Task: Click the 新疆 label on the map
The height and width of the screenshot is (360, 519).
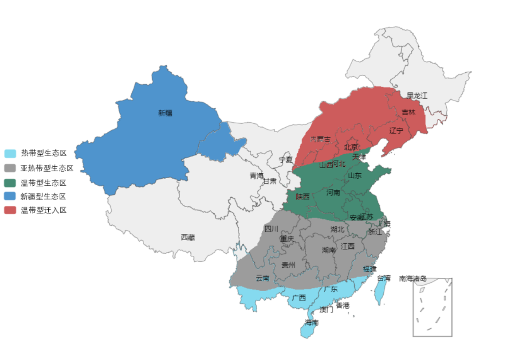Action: tap(165, 113)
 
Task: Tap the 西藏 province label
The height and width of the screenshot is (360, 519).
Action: tap(188, 237)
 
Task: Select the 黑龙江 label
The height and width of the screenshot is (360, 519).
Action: tap(417, 95)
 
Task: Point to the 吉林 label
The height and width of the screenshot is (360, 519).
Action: tap(409, 113)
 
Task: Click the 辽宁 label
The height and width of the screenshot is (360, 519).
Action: tap(396, 130)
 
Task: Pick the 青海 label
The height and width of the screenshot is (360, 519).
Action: tap(256, 176)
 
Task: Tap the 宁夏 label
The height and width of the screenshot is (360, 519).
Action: tap(286, 160)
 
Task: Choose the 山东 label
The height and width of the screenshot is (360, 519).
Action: tap(354, 175)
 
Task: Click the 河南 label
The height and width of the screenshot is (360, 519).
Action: tap(333, 192)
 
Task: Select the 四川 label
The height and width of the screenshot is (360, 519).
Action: tap(271, 229)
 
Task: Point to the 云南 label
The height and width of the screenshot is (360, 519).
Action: tap(262, 278)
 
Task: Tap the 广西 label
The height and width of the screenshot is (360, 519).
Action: tap(299, 297)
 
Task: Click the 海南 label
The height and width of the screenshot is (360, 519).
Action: tap(311, 322)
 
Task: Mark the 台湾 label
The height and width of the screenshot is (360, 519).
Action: tap(384, 278)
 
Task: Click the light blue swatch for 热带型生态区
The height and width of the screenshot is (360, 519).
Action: tap(10, 154)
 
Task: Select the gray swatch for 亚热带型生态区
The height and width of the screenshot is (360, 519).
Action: tap(10, 168)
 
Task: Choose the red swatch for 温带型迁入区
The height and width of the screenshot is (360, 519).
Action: tap(10, 210)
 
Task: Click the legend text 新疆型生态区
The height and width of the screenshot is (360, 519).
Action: tap(43, 196)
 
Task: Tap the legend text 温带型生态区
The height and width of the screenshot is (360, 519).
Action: tap(43, 182)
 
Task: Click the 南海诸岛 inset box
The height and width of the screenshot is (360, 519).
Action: tap(432, 307)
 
